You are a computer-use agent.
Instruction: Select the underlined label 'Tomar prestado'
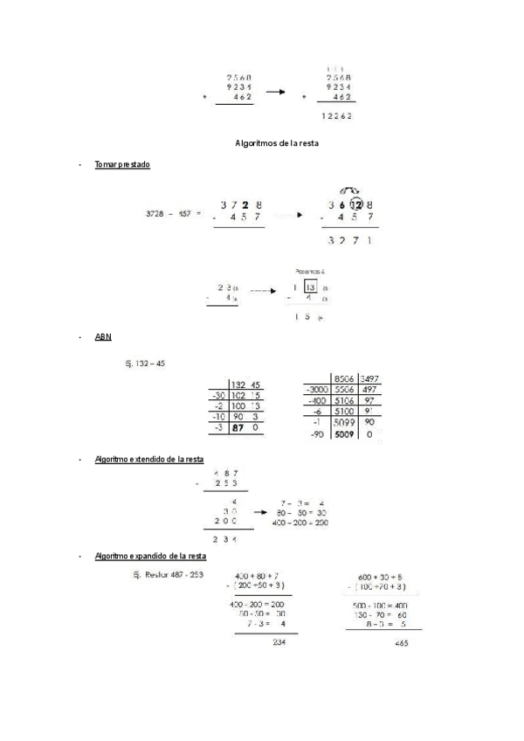pyautogui.click(x=121, y=164)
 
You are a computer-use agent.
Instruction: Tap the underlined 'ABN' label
pyautogui.click(x=103, y=336)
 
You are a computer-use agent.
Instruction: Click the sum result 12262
pyautogui.click(x=336, y=115)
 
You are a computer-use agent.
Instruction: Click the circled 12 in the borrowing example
pyautogui.click(x=355, y=204)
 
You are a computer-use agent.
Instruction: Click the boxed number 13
pyautogui.click(x=310, y=287)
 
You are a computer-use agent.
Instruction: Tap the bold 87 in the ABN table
pyautogui.click(x=237, y=427)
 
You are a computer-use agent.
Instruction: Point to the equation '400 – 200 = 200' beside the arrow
pyautogui.click(x=300, y=523)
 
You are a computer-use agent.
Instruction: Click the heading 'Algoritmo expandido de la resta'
pyautogui.click(x=149, y=556)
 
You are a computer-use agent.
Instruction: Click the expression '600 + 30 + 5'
pyautogui.click(x=380, y=577)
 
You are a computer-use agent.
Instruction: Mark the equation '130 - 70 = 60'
pyautogui.click(x=382, y=614)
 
